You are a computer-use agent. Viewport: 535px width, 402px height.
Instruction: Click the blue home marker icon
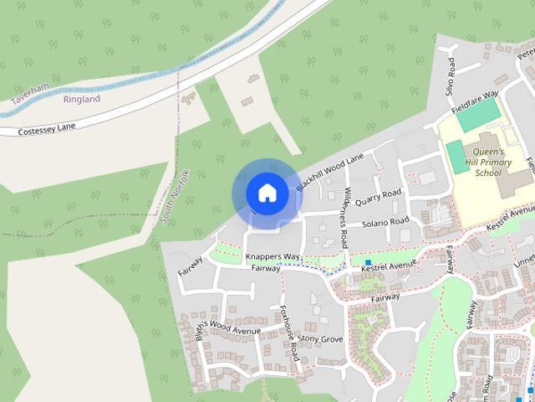267,193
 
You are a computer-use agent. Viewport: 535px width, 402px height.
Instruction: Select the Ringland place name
81,99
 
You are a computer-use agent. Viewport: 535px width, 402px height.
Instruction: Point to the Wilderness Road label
344,216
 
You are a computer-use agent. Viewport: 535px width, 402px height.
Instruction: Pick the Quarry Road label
378,197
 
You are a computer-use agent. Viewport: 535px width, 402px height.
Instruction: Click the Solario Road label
385,223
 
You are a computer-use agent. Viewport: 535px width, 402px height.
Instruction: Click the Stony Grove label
321,339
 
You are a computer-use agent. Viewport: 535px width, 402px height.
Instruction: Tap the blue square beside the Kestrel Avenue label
367,262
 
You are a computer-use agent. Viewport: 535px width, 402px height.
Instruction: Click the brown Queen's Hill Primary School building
511,178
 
